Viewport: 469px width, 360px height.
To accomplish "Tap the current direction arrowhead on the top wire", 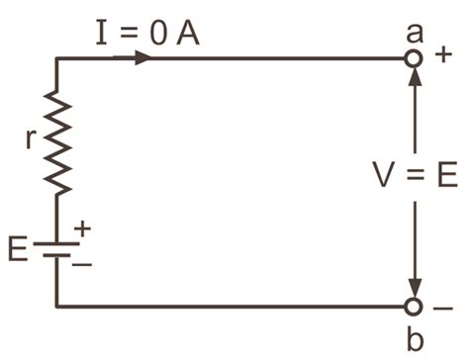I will click(141, 58).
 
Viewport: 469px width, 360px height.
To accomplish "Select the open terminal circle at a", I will click(414, 59).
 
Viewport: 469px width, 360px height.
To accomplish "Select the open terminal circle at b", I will click(414, 307).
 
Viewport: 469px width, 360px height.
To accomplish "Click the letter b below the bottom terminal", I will click(415, 339).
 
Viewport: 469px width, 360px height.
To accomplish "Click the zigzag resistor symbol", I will click(57, 145).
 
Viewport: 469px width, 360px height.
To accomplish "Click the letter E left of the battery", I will click(19, 248).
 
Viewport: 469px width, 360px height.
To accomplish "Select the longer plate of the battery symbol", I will click(57, 240).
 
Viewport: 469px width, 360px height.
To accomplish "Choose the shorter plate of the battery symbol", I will click(57, 254).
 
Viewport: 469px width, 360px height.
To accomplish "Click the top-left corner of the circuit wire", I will click(57, 59).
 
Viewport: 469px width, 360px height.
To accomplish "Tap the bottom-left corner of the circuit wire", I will click(57, 307).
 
